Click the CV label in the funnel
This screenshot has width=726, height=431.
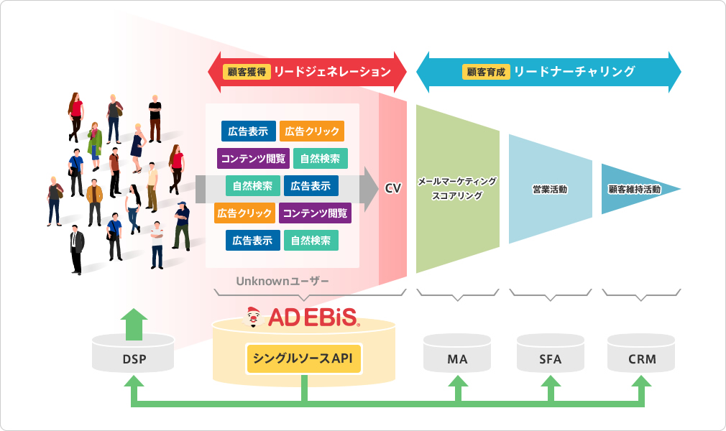click(392, 188)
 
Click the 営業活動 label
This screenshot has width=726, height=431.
click(550, 190)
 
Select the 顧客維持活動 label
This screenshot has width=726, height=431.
click(635, 190)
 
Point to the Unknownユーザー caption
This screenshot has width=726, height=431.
click(282, 281)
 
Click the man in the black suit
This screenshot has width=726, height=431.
click(77, 248)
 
